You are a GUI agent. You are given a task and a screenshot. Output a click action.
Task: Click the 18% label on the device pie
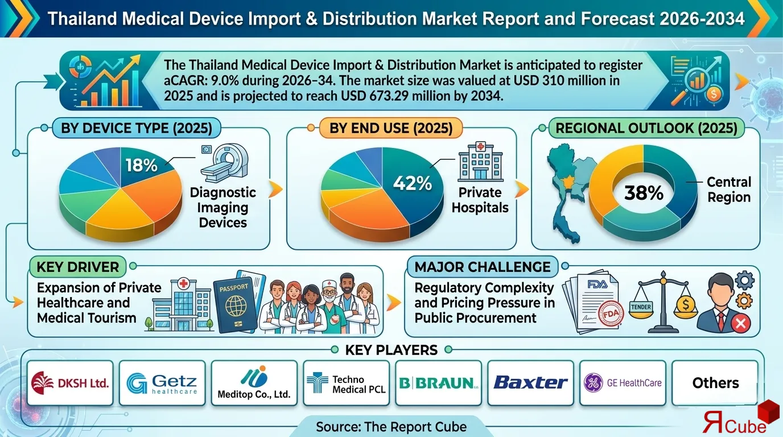click(x=141, y=165)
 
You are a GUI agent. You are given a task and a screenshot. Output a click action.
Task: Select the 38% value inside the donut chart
click(x=644, y=193)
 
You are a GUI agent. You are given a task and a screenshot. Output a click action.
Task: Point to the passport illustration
click(x=235, y=304)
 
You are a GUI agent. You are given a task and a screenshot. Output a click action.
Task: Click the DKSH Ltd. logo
click(x=70, y=382)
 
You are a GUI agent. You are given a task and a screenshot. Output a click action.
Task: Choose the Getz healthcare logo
click(x=162, y=382)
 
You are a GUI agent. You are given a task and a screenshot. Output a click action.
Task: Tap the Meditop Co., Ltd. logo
click(x=254, y=384)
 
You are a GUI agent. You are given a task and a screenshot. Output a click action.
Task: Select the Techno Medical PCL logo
click(x=346, y=384)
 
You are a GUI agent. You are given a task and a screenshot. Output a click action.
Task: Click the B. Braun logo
click(x=438, y=382)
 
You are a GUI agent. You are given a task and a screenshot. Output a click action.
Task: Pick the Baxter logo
click(x=530, y=382)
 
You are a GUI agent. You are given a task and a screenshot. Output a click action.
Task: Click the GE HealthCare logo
click(x=623, y=382)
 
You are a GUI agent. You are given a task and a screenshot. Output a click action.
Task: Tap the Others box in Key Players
click(x=715, y=383)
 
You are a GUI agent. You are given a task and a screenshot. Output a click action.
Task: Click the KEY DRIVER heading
click(x=77, y=267)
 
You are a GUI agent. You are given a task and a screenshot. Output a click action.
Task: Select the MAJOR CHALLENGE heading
click(x=482, y=267)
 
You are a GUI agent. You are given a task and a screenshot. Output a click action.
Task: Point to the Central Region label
click(x=729, y=189)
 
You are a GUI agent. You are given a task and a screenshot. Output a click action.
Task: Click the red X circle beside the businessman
click(x=740, y=324)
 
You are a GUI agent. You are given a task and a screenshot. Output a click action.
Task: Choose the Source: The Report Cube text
click(x=391, y=426)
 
